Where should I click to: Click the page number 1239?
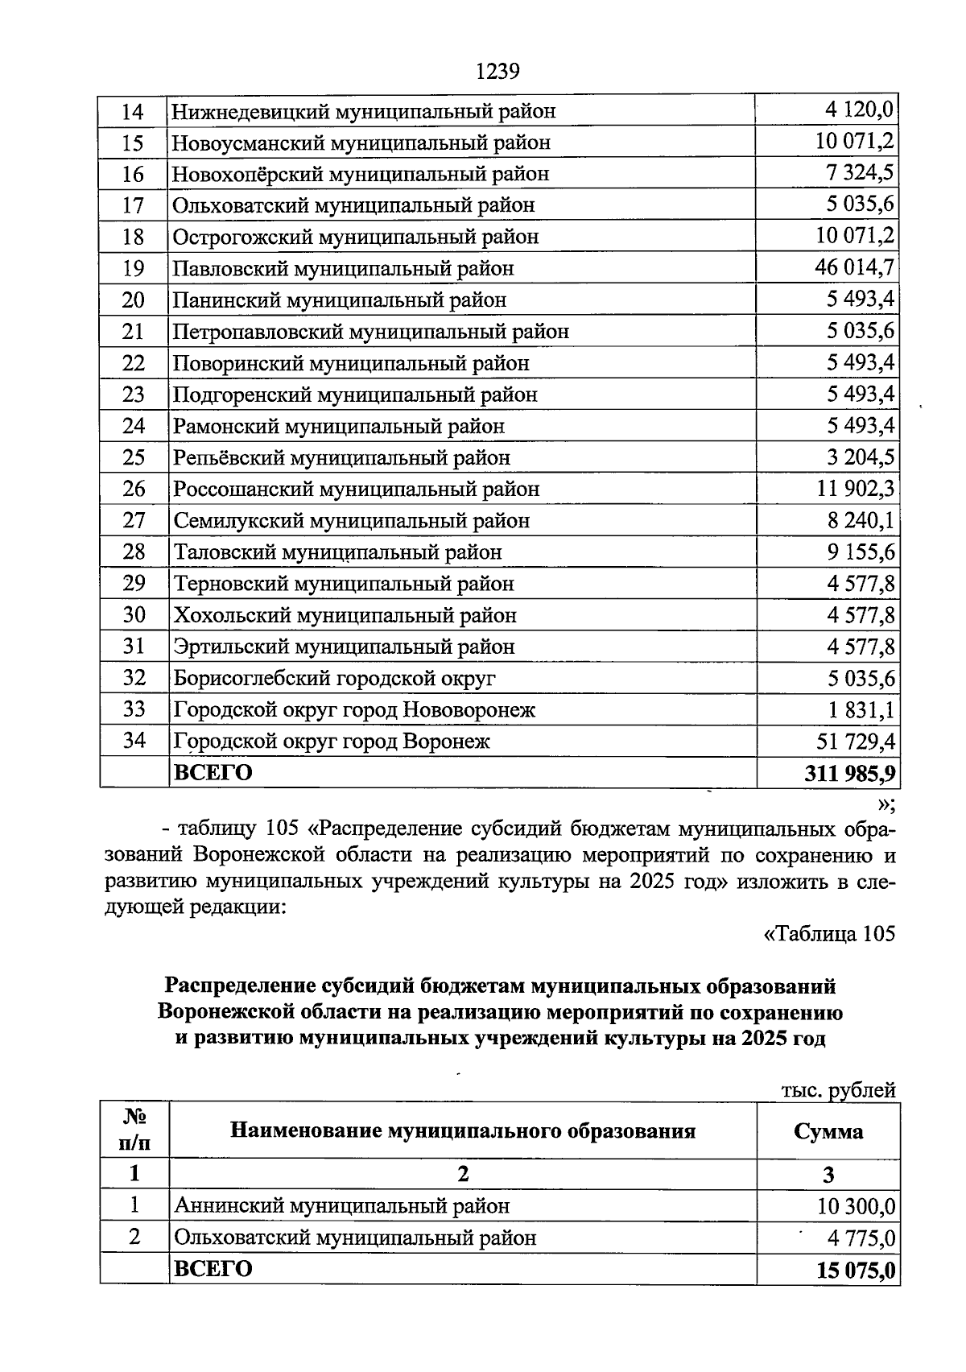tap(497, 72)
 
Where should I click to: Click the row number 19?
tap(133, 268)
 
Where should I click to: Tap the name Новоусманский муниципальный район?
tap(361, 143)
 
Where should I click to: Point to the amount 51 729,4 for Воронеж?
tap(856, 741)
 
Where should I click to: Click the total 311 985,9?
tap(849, 773)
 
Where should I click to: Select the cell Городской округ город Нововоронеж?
tap(354, 709)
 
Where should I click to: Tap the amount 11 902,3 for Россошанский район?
tap(855, 489)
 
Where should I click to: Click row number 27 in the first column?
tap(133, 520)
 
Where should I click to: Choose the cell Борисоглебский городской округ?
tap(334, 678)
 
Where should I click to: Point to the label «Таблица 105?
tap(828, 934)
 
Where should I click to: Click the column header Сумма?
tap(828, 1131)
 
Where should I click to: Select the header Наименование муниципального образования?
tap(462, 1130)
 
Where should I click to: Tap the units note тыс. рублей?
tap(838, 1090)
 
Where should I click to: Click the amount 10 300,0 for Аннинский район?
tap(856, 1206)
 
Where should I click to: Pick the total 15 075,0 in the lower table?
tap(856, 1271)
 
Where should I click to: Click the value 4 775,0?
tap(860, 1238)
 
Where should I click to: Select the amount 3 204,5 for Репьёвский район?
tap(860, 457)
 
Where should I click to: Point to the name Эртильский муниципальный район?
tap(344, 647)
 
